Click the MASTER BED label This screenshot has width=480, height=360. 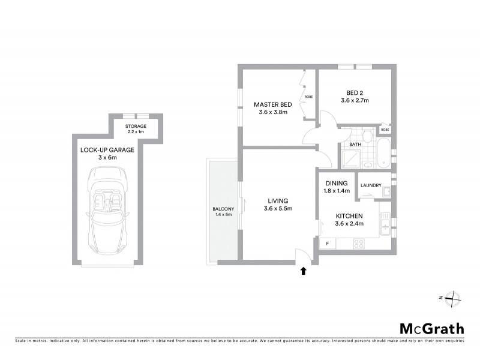[x=273, y=104]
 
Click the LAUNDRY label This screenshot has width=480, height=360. [x=371, y=185]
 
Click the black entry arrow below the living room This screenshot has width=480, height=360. [x=303, y=271]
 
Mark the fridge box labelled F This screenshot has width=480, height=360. [x=328, y=244]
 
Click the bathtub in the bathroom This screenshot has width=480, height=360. [x=382, y=154]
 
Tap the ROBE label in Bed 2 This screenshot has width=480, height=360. [x=385, y=130]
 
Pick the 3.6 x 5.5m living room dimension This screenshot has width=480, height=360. [x=276, y=209]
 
